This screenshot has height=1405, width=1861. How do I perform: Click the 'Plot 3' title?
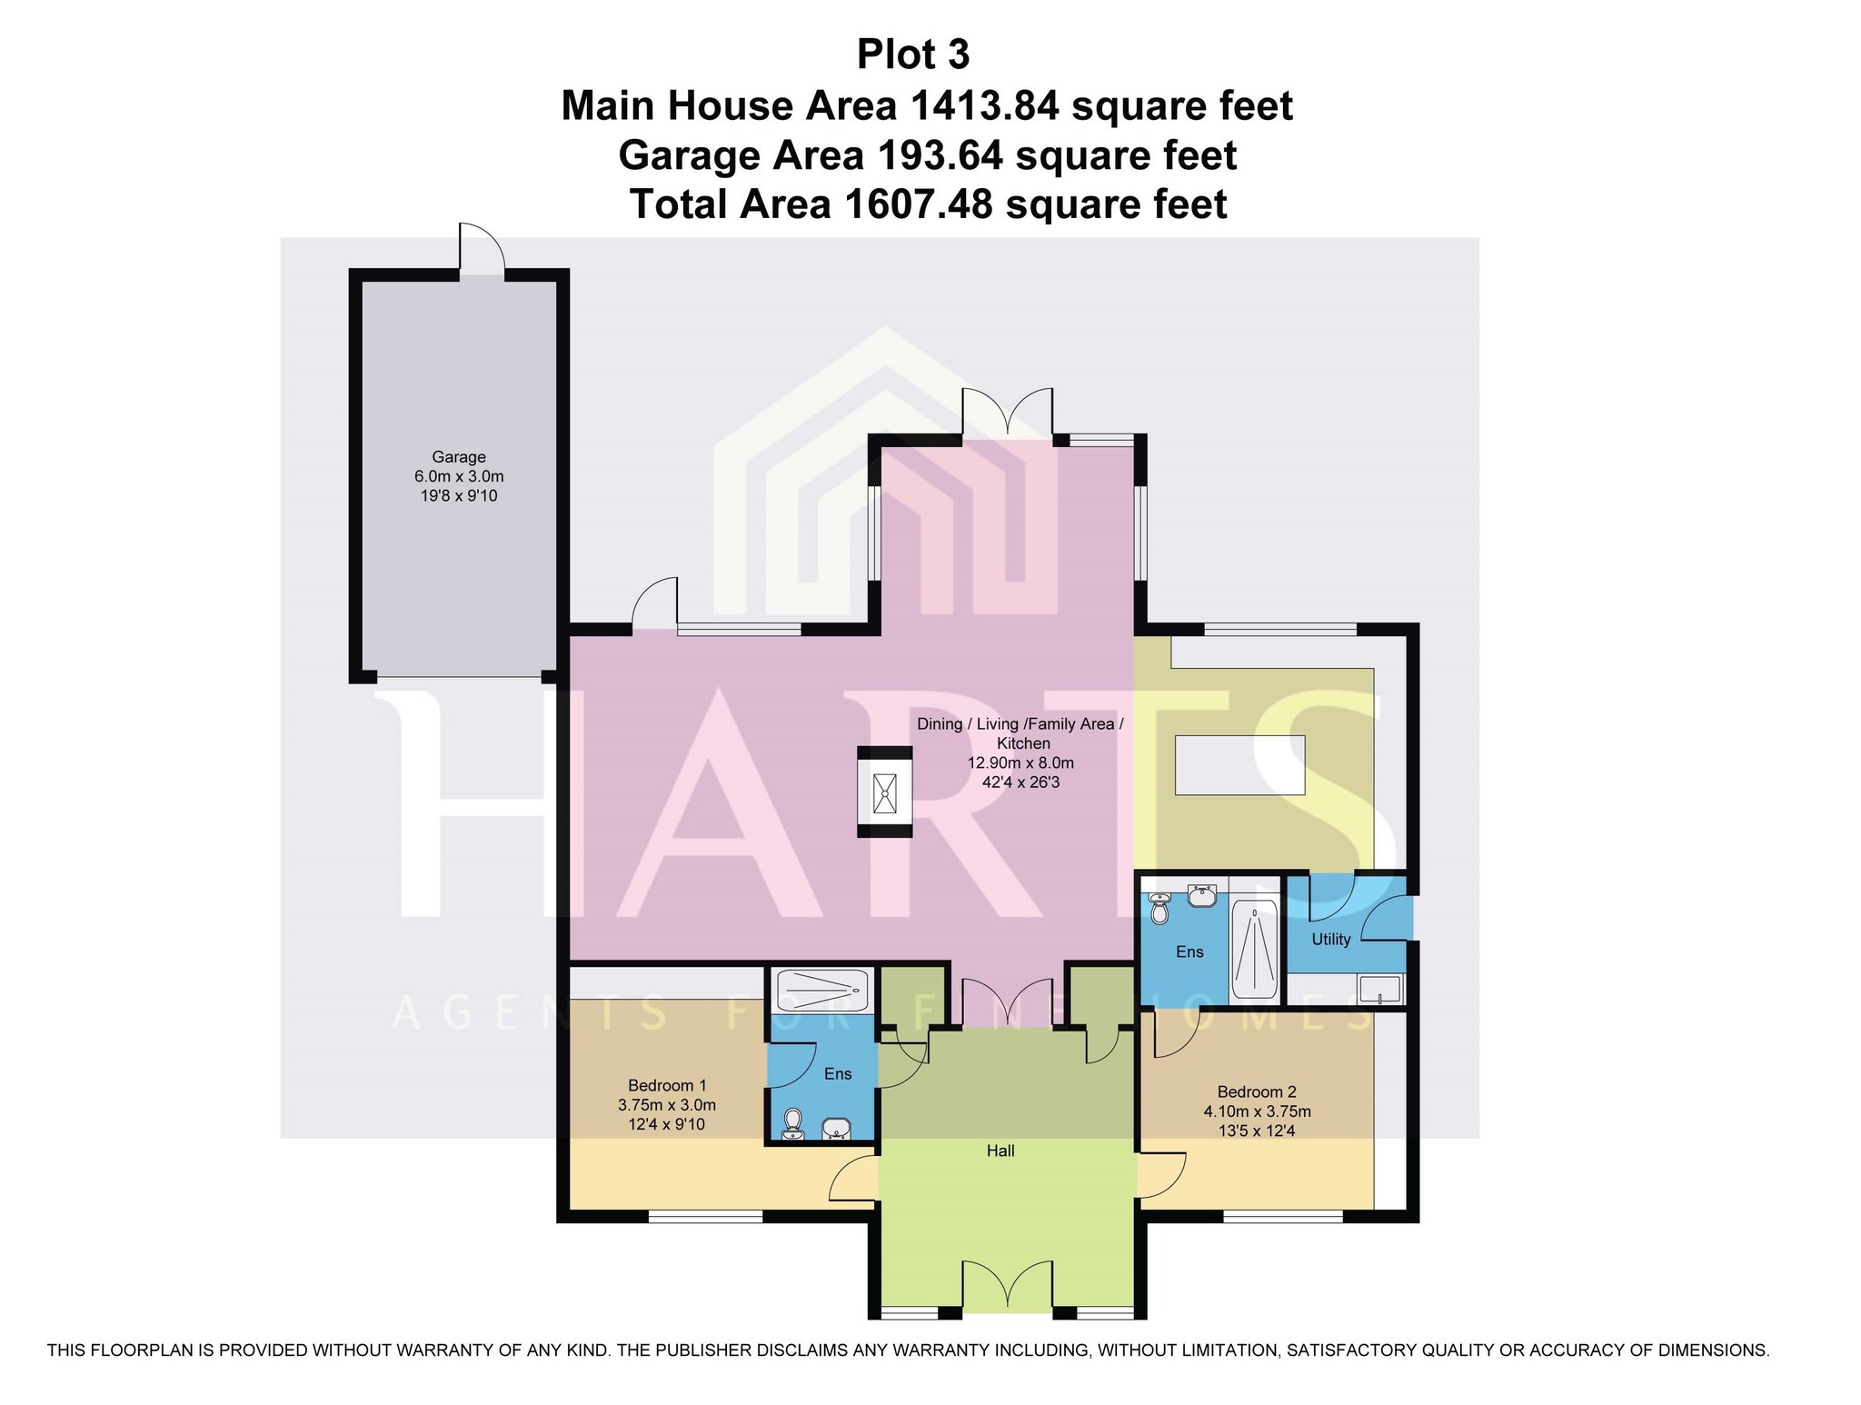point(913,55)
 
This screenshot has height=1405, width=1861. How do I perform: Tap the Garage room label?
point(459,457)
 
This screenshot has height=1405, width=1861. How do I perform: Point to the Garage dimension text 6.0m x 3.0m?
point(459,476)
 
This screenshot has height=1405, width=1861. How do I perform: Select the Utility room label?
point(1331,940)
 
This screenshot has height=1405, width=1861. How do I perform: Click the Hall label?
point(1000,1151)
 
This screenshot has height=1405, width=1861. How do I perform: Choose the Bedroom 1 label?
point(667,1085)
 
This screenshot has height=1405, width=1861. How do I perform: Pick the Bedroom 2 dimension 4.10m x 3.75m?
point(1258,1111)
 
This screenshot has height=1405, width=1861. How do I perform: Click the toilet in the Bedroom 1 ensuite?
point(793,1123)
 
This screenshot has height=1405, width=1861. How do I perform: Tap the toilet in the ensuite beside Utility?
point(1159,908)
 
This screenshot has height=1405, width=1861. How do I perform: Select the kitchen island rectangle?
point(1240,764)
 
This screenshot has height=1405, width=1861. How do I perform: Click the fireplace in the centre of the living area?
point(885,792)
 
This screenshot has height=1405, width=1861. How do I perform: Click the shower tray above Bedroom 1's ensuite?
point(822,991)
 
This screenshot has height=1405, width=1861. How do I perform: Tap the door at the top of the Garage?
point(482,247)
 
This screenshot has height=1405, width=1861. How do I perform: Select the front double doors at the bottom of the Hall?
point(1008,1287)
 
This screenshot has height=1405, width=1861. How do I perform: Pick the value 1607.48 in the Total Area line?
point(919,204)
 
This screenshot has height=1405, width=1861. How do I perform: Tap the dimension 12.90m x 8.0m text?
point(1020,762)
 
